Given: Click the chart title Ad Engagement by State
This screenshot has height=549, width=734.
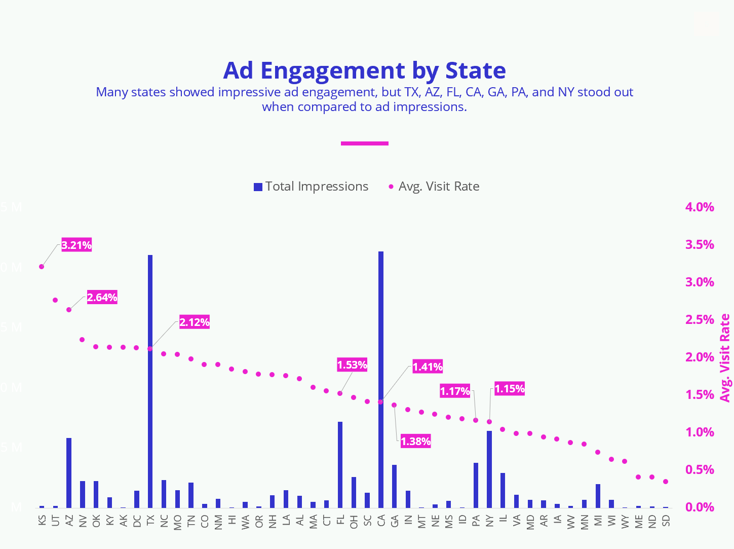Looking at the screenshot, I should coord(364,70).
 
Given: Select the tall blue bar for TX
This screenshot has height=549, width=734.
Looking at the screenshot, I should coord(150,380).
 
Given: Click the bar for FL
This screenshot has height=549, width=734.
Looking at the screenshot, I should coord(340,464).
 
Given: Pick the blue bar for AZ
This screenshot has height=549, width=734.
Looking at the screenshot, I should coord(69,472).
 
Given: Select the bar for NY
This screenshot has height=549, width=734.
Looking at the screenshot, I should coord(489,469).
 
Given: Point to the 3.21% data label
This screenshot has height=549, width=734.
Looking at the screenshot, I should coord(76,245).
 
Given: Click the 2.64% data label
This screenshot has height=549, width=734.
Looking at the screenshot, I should coord(102,297).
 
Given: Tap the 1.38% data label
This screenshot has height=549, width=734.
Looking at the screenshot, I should coord(415,441).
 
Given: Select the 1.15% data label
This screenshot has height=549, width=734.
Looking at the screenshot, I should coord(509,389).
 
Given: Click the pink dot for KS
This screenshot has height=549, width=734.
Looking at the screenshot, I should coord(42,267).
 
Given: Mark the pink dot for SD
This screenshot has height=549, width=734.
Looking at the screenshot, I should coord(666,482).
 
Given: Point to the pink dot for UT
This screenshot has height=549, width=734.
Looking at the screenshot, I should coord(55,300).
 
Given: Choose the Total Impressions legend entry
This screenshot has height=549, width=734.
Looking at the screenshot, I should coord(311,187).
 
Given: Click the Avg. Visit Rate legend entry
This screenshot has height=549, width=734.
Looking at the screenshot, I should coord(434,187).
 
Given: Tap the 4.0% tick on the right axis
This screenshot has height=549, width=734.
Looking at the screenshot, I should coord(700,207).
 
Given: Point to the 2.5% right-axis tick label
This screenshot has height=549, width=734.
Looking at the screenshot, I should coord(700,319).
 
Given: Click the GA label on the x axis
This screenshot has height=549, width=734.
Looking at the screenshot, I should coord(394,521).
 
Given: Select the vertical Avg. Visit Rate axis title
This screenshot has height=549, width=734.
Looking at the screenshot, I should coord(725,357).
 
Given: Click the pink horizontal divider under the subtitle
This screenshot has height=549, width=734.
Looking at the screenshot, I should coord(364,143).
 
